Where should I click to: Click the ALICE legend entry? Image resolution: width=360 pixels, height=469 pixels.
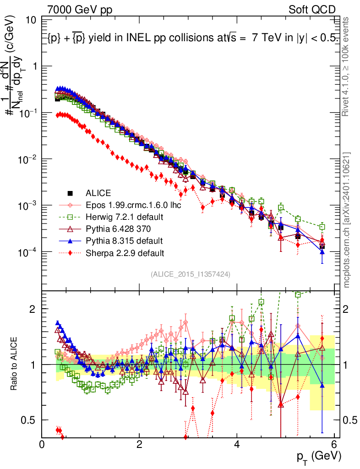point(98,193)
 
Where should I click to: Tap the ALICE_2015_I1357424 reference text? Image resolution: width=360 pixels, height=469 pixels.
point(190,274)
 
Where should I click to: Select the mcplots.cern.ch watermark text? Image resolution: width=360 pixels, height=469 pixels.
point(347,220)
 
